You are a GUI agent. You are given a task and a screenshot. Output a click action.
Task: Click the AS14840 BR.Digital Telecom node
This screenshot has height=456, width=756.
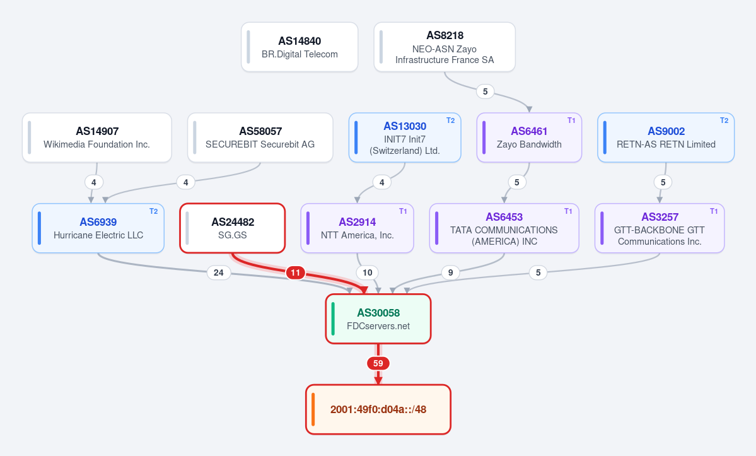tap(299, 47)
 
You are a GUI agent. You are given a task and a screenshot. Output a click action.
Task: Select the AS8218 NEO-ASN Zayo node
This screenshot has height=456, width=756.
tap(445, 47)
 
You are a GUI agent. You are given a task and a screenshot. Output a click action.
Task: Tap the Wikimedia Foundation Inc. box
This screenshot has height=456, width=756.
tap(97, 137)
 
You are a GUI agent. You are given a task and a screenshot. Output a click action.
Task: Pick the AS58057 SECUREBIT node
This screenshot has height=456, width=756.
tap(260, 137)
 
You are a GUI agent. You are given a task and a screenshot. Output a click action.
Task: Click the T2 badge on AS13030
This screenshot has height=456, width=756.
tap(450, 120)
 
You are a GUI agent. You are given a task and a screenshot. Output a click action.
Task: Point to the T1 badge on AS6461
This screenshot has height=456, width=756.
tap(571, 120)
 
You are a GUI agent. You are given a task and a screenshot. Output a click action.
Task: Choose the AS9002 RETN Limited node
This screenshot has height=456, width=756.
tap(666, 137)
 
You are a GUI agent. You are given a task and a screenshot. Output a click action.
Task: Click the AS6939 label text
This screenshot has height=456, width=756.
tap(98, 222)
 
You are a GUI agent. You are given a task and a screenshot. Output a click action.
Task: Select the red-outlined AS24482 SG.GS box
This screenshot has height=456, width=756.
tap(233, 228)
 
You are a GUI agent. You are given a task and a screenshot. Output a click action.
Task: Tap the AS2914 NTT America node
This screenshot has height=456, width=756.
tap(358, 228)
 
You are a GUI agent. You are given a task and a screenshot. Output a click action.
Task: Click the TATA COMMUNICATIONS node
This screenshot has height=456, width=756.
tap(504, 228)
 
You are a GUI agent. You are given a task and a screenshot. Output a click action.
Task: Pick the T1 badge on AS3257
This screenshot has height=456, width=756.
tap(714, 211)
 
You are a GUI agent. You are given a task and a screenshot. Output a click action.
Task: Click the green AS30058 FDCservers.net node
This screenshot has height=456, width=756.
tap(378, 319)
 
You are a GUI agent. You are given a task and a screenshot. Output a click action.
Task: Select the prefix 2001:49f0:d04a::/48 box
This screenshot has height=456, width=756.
tap(378, 409)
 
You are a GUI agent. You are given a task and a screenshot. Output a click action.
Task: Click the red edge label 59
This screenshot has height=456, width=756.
tap(378, 363)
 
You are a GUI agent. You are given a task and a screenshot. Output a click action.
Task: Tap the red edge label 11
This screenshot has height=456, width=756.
tap(296, 273)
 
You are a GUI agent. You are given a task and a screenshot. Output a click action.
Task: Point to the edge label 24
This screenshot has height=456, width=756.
tap(218, 273)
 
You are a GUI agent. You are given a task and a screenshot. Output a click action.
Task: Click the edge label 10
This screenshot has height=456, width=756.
tap(368, 273)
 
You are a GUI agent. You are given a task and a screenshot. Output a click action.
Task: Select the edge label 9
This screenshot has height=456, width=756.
tap(450, 273)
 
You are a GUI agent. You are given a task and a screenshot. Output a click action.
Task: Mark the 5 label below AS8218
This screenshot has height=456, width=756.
tap(485, 91)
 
